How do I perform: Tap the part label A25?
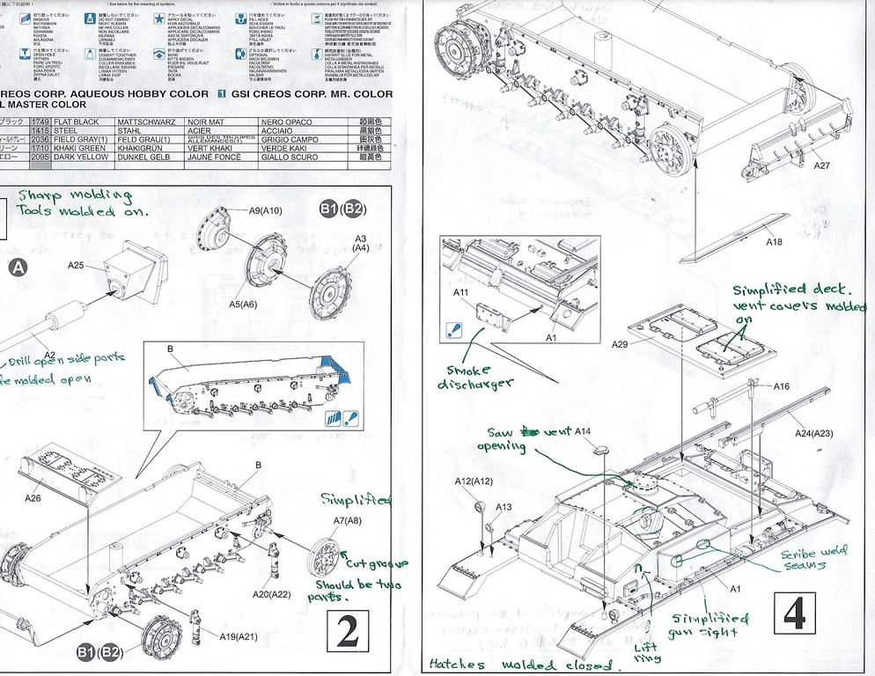[75, 266]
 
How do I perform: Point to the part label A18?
[773, 242]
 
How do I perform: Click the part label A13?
[503, 507]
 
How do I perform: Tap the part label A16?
[783, 386]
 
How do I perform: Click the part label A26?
[33, 498]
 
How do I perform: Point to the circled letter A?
[18, 268]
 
